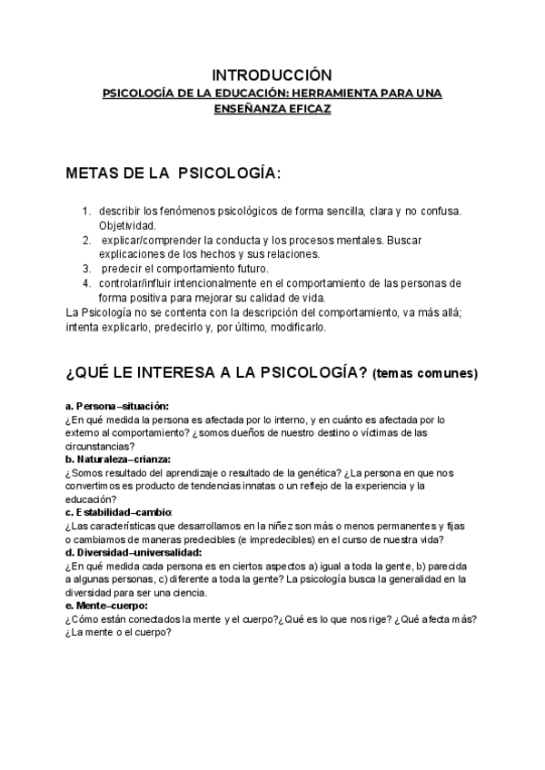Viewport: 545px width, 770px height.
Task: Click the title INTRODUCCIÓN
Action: click(272, 74)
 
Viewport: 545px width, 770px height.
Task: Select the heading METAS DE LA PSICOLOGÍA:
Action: click(173, 173)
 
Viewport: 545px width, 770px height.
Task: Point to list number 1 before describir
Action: click(87, 211)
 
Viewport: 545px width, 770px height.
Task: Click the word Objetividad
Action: click(127, 224)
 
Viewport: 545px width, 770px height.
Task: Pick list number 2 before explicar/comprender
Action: click(87, 240)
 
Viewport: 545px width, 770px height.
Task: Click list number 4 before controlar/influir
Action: click(87, 283)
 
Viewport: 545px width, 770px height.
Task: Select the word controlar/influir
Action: click(141, 283)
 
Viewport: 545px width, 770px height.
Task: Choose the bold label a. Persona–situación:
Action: click(117, 405)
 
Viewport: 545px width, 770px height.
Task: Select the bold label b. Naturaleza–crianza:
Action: click(124, 459)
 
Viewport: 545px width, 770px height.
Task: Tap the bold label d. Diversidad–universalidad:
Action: click(134, 552)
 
